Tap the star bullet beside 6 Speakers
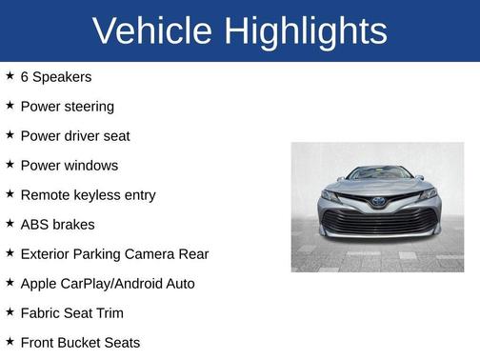[10, 76]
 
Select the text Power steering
[67, 106]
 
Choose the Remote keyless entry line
[88, 194]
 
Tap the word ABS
[34, 224]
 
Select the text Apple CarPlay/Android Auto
[107, 283]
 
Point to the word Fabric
[41, 312]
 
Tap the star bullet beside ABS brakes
[10, 224]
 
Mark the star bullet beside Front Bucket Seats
[10, 342]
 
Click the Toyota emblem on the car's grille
[379, 202]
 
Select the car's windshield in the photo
[379, 174]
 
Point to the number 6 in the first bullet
[25, 76]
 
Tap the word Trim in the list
[108, 312]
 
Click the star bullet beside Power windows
[10, 165]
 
